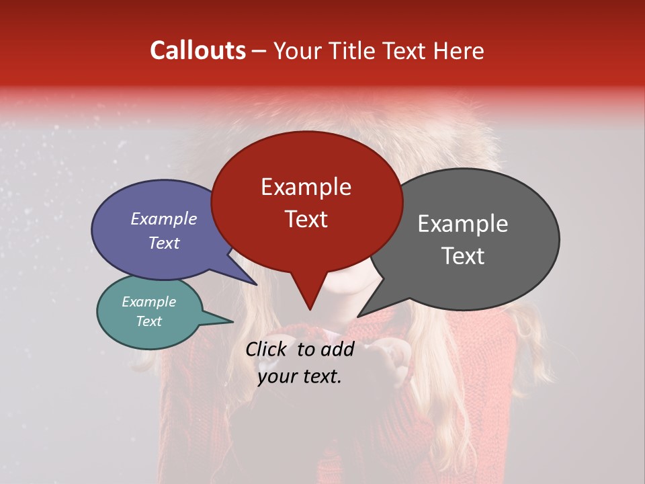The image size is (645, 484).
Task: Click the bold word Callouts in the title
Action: [198, 50]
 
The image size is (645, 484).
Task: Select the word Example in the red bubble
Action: [306, 187]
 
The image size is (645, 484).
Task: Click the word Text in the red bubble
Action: [306, 218]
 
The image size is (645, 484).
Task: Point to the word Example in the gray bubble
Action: [462, 224]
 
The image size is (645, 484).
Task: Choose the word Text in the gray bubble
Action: [462, 255]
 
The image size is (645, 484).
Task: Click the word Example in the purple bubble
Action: [163, 218]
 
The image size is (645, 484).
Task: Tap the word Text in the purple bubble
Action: [163, 243]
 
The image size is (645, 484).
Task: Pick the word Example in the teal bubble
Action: [148, 302]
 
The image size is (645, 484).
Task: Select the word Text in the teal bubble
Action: [148, 321]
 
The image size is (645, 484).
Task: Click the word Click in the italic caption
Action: [268, 349]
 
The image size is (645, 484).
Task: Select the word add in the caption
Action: [338, 349]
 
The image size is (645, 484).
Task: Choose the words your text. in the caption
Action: [300, 376]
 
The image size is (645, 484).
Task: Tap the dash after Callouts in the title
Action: [260, 50]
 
